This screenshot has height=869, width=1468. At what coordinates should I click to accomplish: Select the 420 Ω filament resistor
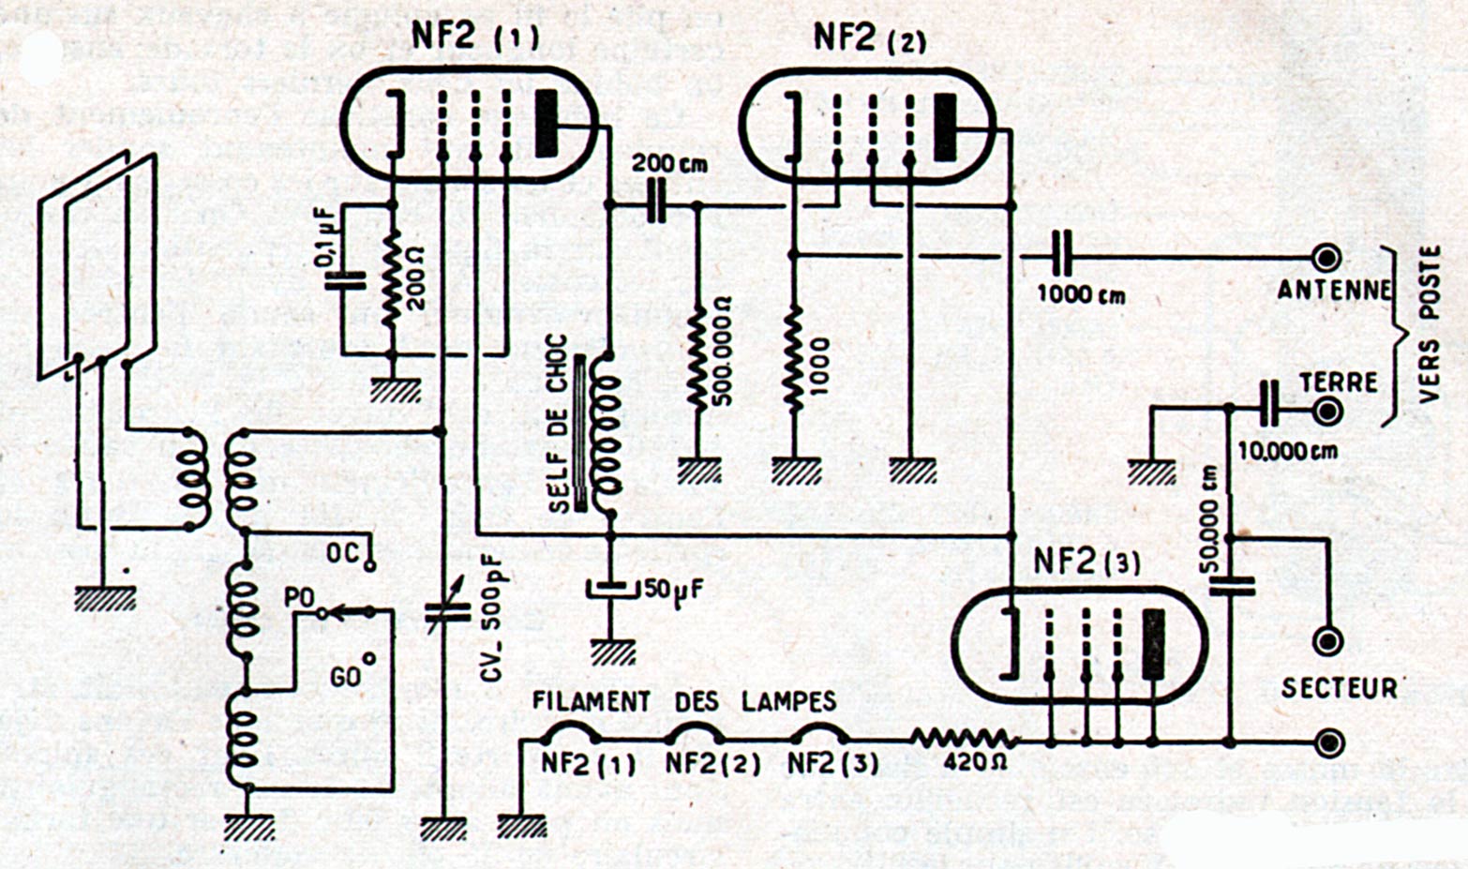(961, 738)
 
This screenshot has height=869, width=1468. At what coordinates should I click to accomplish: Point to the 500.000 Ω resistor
(697, 361)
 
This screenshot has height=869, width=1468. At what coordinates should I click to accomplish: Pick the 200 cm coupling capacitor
(657, 206)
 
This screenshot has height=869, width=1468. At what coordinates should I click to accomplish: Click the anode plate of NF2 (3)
(1153, 643)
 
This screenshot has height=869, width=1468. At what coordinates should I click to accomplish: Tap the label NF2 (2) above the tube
(870, 38)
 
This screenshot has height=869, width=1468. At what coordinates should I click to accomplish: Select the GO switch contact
(369, 658)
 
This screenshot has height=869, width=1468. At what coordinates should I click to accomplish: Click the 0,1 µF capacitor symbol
(343, 279)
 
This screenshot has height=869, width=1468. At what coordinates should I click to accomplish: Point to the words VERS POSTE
(1429, 324)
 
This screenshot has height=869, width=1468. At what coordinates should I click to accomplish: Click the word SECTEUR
(1339, 688)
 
